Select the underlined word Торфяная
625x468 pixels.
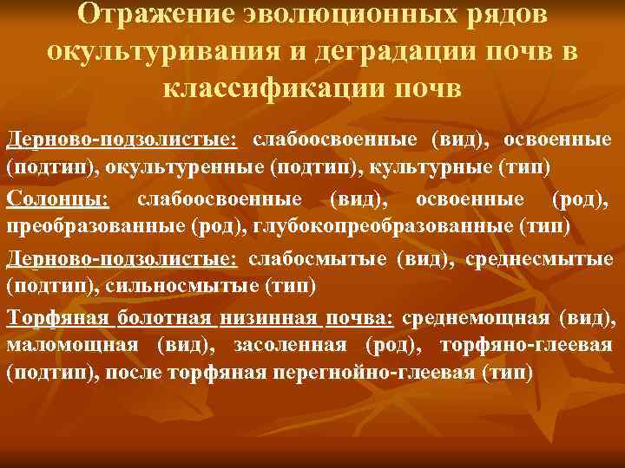click(x=57, y=319)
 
